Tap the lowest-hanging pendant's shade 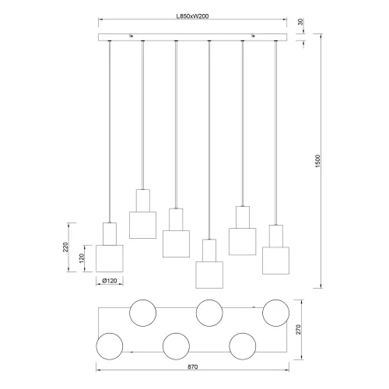click(x=209, y=275)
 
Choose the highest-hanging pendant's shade click(x=143, y=224)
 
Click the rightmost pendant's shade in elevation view click(x=275, y=259)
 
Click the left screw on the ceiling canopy click(x=131, y=35)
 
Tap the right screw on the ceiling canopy click(x=253, y=35)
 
